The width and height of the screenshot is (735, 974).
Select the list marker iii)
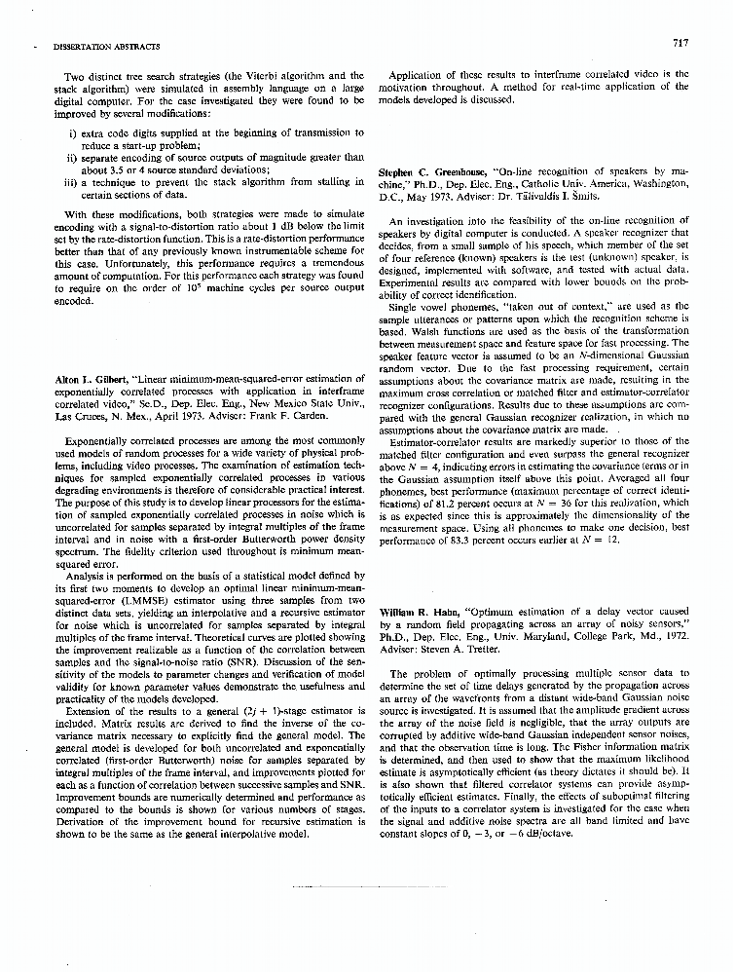pos(70,181)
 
